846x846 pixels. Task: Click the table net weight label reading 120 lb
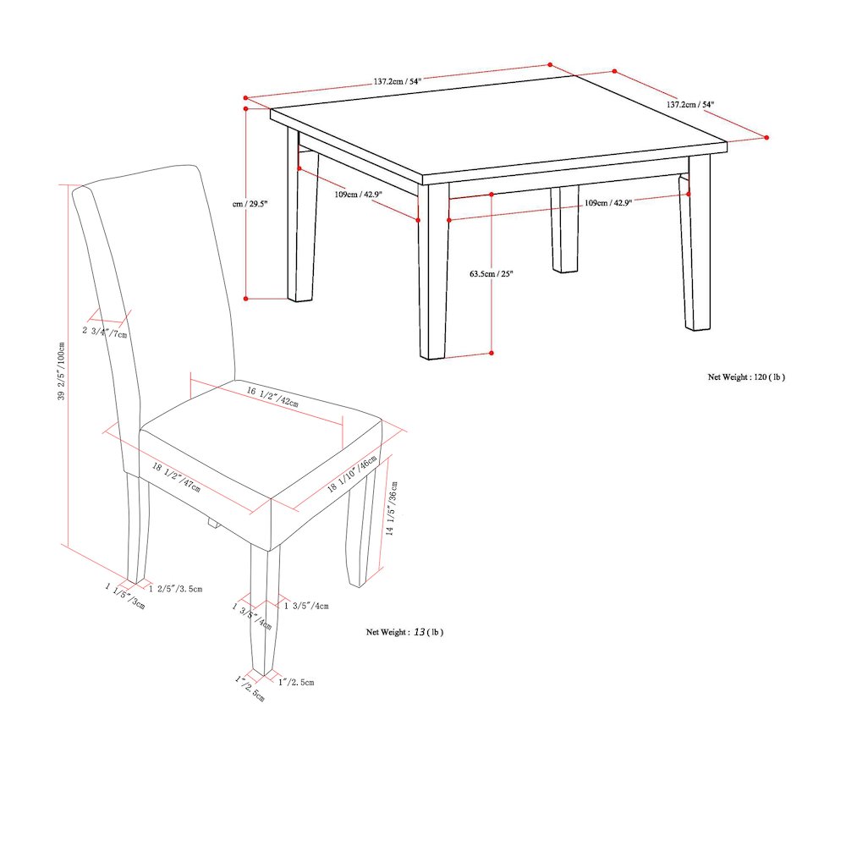746,377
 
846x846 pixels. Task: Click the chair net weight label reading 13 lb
404,632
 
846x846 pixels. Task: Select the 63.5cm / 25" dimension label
492,273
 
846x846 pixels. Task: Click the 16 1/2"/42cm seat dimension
272,398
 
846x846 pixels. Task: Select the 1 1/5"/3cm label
125,596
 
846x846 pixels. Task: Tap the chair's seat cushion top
262,440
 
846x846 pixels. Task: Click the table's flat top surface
499,127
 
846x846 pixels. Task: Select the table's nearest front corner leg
434,271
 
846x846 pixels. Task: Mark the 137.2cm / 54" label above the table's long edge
397,81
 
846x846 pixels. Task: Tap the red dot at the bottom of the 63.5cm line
492,353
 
